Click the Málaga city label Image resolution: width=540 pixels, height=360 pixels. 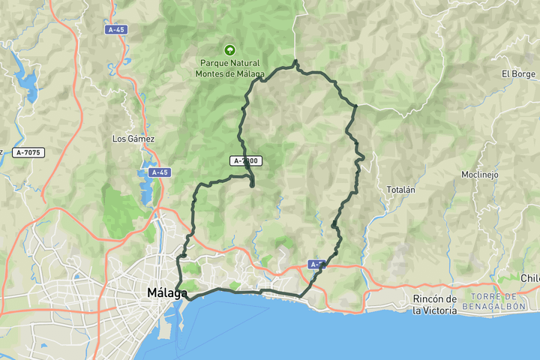(x=166, y=292)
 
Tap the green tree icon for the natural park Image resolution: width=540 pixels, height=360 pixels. (x=229, y=49)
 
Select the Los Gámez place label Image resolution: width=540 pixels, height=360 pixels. (x=133, y=139)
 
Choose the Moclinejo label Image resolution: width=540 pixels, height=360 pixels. (x=480, y=175)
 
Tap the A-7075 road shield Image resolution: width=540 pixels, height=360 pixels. (x=28, y=152)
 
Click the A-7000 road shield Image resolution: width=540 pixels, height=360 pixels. (x=246, y=160)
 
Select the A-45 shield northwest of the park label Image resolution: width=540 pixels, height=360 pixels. (x=115, y=30)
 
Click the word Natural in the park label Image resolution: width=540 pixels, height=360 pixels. (x=245, y=63)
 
